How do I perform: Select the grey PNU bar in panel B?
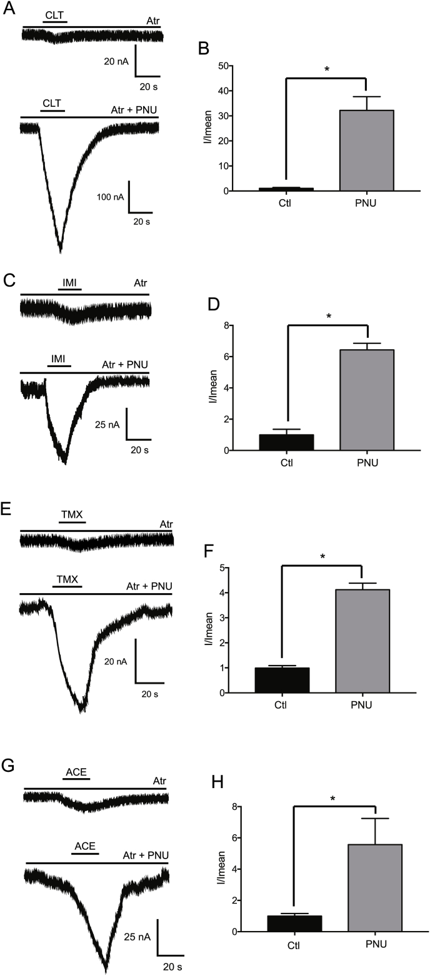[366, 150]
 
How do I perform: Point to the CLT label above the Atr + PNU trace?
[52, 103]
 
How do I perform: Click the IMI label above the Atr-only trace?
[69, 283]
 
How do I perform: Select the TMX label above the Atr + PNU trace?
[67, 579]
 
